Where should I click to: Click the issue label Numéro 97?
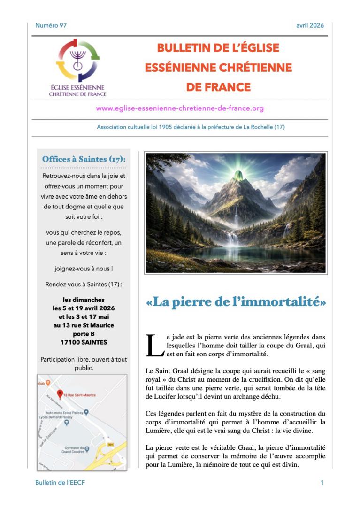(51, 25)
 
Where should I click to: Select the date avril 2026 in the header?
(310, 25)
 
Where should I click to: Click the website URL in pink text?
(180, 108)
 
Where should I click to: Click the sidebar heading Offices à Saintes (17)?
(84, 159)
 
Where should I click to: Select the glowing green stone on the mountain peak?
(239, 176)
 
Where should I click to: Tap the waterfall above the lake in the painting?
(232, 238)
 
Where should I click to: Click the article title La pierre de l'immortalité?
(236, 301)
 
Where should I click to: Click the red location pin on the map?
(60, 393)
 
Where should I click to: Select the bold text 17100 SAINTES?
(84, 342)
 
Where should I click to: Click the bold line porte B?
(84, 334)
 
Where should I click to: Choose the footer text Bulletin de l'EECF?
(60, 482)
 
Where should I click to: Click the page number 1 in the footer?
(322, 482)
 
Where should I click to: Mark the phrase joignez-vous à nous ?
(84, 269)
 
